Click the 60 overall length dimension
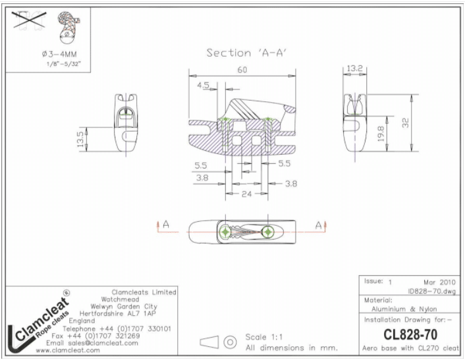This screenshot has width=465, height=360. point(242,70)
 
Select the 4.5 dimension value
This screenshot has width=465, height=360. point(203,86)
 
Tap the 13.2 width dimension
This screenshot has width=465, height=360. point(355,68)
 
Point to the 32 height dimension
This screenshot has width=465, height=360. point(405,122)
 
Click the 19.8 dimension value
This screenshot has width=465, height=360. point(381,134)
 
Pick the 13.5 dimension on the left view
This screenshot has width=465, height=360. point(80,140)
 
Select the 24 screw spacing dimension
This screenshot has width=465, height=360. point(247,194)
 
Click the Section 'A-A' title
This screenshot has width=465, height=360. point(247,53)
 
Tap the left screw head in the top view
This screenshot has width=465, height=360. point(225,232)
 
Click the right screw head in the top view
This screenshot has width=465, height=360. point(268,232)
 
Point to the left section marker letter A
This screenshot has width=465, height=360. point(166,224)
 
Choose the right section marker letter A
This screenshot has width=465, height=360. point(319,226)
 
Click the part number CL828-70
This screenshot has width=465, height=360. point(410,334)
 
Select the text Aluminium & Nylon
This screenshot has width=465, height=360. point(404,309)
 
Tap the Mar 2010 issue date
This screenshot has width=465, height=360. point(439,282)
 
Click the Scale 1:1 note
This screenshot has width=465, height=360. point(264,337)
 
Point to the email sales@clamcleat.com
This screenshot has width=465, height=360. point(92,343)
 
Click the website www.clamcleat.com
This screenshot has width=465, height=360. point(68,351)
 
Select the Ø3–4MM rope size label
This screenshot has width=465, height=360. point(59,54)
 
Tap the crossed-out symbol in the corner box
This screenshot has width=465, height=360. point(30,20)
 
